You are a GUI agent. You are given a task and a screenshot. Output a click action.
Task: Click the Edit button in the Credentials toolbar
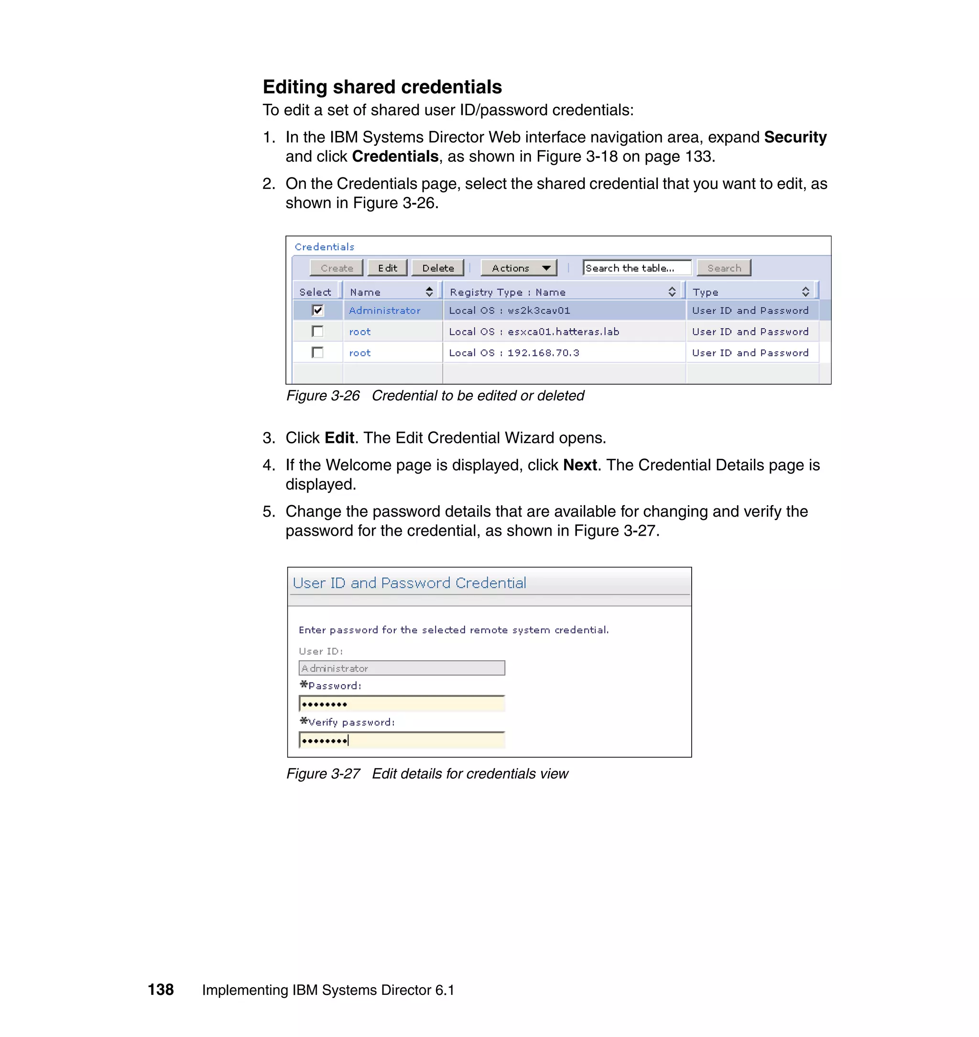coord(387,268)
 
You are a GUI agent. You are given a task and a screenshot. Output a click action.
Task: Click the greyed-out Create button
coord(336,268)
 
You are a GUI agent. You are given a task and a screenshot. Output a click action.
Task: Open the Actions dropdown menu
coord(519,268)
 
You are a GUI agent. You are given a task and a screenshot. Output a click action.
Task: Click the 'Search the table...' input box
coord(636,268)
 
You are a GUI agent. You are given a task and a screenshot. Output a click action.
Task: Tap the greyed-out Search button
coord(723,268)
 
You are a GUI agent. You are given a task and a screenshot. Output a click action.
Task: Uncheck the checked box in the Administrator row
coord(317,310)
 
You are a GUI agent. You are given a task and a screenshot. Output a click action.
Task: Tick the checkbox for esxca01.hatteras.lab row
coord(317,331)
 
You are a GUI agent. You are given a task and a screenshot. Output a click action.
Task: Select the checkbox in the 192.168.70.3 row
coord(317,353)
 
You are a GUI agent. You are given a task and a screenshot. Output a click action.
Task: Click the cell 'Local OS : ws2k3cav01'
coord(509,310)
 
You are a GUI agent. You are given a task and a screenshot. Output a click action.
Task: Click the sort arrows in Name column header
coord(429,292)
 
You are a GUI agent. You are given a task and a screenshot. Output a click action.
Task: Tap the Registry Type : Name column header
coord(507,292)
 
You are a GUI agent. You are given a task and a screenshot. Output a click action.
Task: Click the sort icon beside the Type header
coord(805,292)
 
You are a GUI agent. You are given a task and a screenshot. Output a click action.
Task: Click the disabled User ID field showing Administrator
coord(402,668)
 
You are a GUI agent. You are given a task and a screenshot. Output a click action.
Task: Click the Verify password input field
coord(402,740)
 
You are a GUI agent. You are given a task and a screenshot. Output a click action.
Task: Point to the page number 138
coord(161,990)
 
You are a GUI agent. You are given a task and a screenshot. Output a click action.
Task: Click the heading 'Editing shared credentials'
coord(382,87)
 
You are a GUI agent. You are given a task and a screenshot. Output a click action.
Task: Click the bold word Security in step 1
coord(795,137)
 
